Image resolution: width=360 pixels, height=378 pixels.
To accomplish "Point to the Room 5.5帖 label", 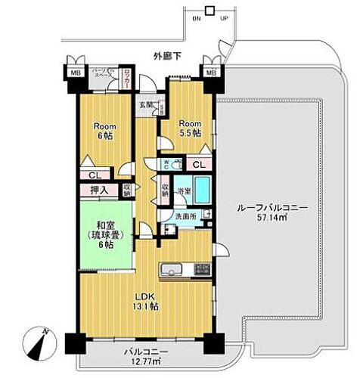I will [188, 126].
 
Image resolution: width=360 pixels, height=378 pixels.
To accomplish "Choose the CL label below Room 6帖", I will [91, 175].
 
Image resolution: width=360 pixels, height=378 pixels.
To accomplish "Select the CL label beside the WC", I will [198, 164].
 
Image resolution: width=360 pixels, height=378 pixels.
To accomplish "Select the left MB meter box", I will [75, 73].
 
